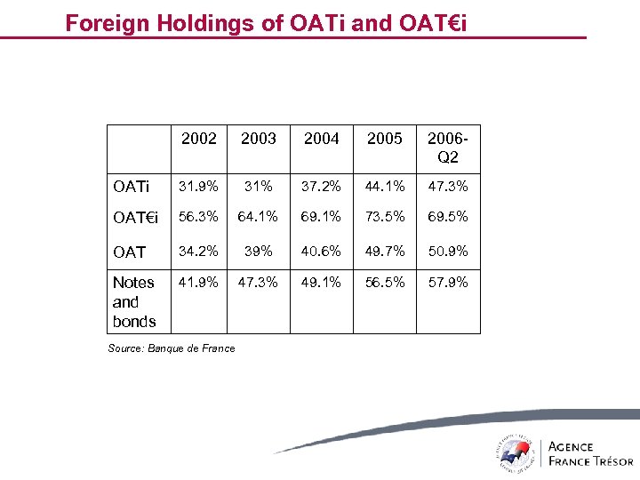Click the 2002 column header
pyautogui.click(x=198, y=139)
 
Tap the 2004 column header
pyautogui.click(x=321, y=139)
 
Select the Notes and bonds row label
pyautogui.click(x=134, y=301)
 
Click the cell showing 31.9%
pyautogui.click(x=198, y=187)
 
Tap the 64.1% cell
pyautogui.click(x=260, y=218)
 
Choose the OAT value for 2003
pyautogui.click(x=260, y=251)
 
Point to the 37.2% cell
pyautogui.click(x=321, y=187)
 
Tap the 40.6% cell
pyautogui.click(x=321, y=251)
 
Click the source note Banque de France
pyautogui.click(x=172, y=348)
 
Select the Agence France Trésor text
pyautogui.click(x=590, y=453)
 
